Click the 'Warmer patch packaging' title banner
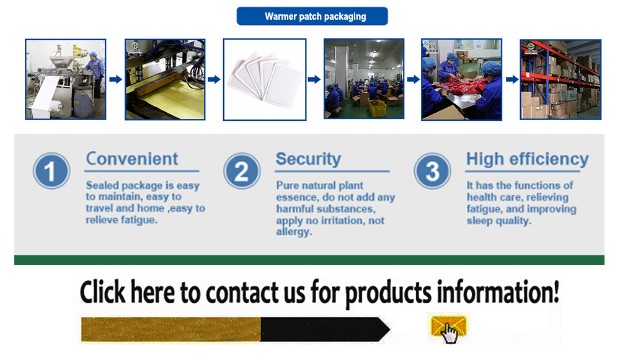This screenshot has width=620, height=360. (312, 16)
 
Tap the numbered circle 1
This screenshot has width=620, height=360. (50, 171)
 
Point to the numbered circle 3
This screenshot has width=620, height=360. (432, 171)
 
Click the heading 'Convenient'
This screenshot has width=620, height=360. (132, 159)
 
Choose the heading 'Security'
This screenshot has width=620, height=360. (308, 159)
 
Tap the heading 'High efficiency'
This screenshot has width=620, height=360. (527, 159)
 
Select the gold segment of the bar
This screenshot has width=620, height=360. (170, 329)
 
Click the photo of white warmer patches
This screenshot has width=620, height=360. (265, 79)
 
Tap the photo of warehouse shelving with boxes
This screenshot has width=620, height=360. (560, 79)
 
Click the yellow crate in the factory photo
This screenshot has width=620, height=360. (378, 107)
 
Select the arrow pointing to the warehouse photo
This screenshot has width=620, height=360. (512, 79)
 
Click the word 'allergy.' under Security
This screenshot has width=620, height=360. (294, 232)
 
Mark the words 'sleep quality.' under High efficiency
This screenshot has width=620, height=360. (498, 221)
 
